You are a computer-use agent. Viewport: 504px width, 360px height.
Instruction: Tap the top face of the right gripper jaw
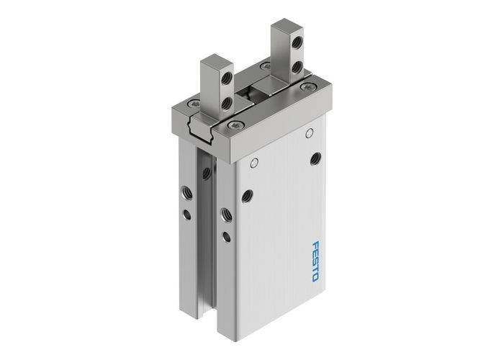click(285, 30)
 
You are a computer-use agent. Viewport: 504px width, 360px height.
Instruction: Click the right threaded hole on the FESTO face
click(315, 158)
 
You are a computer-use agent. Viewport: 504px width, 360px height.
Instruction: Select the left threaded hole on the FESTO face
click(248, 194)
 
